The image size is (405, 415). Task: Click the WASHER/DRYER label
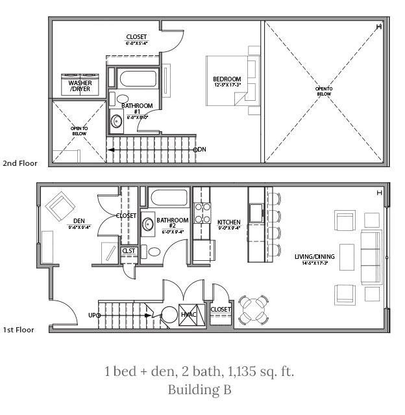(80, 87)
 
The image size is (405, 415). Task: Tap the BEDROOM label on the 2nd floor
(227, 81)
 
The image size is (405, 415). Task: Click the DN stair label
(201, 150)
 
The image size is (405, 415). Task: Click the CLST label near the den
(128, 250)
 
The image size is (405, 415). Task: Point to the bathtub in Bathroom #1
(138, 81)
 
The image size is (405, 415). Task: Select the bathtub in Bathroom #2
(170, 198)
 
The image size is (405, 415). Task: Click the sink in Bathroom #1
(117, 120)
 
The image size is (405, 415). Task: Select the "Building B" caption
(199, 390)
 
